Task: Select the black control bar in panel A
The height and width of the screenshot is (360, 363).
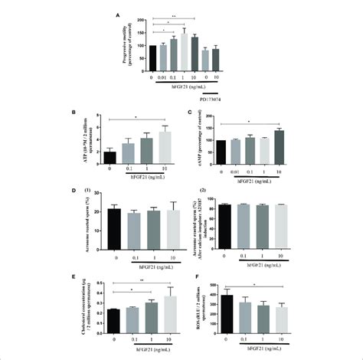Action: point(152,57)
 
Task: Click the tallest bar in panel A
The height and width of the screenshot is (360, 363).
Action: point(183,51)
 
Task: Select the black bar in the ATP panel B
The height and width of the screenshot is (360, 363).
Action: point(110,159)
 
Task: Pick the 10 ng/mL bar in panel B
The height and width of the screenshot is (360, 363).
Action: point(164,148)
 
